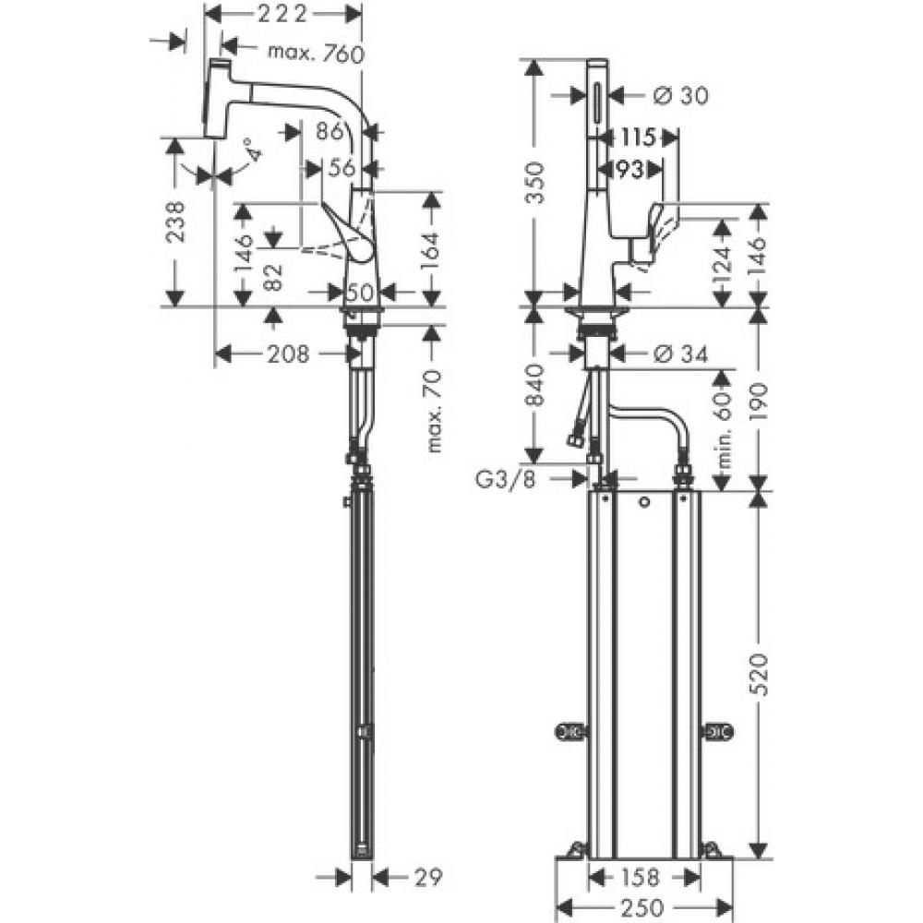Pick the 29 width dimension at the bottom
pos(413,874)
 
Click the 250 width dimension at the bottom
pos(643,908)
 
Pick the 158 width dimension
pos(643,874)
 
